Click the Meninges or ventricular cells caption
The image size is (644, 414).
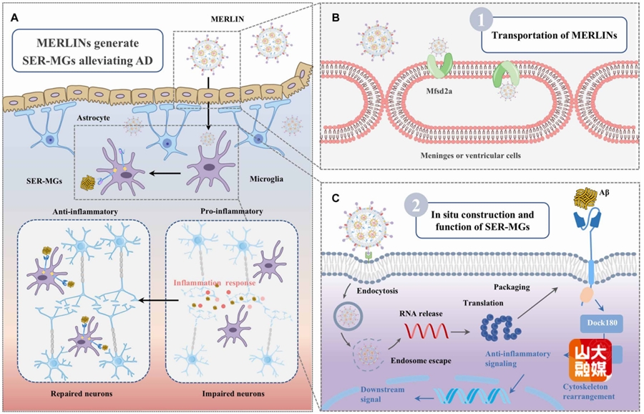(x=462, y=153)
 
